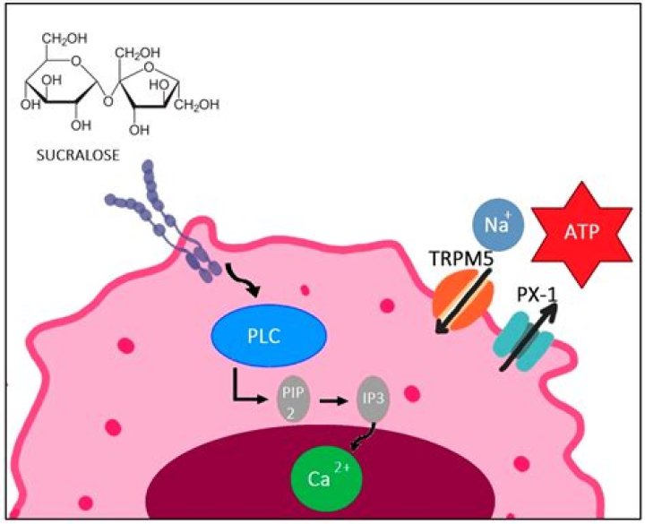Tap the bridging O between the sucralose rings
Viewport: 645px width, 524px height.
(x=107, y=100)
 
